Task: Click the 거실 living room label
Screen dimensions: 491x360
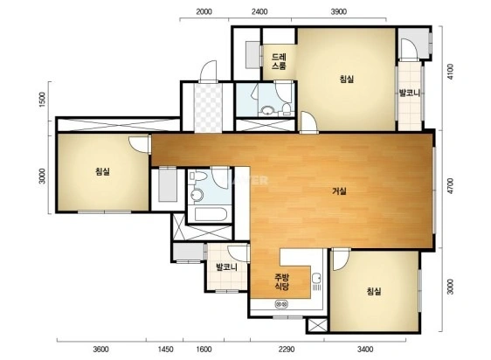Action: [339, 190]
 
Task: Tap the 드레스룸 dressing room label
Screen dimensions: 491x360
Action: [279, 61]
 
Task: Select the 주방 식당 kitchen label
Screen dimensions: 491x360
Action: [281, 281]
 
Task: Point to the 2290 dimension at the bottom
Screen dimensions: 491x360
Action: [287, 349]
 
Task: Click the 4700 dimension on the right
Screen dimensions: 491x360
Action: [450, 186]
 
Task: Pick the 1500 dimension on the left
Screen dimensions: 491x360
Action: [42, 100]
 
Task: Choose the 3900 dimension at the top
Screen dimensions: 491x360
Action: [338, 12]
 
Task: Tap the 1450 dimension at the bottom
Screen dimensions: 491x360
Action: [165, 349]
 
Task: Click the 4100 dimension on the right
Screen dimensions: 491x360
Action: [450, 72]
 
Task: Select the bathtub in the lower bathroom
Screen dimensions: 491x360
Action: [210, 214]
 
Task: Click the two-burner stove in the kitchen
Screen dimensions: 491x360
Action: [281, 303]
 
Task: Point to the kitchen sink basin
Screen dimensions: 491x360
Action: [316, 278]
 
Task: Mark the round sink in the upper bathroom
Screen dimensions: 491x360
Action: [267, 110]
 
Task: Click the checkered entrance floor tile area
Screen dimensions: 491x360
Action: [208, 107]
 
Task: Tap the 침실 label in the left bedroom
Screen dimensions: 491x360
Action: [103, 171]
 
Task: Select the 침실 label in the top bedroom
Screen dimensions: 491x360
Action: [347, 79]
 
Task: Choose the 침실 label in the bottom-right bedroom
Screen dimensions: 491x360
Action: [374, 291]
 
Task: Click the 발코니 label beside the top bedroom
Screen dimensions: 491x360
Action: [409, 93]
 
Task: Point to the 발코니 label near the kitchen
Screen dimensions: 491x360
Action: [226, 267]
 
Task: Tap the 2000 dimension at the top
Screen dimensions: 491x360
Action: [204, 12]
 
